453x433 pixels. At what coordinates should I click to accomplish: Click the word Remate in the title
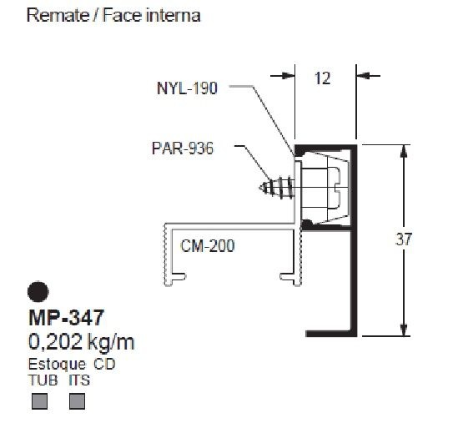coord(54,16)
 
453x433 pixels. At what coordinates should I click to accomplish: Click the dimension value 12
coord(323,78)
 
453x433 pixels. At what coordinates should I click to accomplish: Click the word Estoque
coord(57,364)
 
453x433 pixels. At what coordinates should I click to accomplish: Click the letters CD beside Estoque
coord(104,364)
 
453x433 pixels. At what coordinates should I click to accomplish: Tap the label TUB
coord(42,380)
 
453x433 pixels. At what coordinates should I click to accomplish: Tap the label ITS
coord(80,380)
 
